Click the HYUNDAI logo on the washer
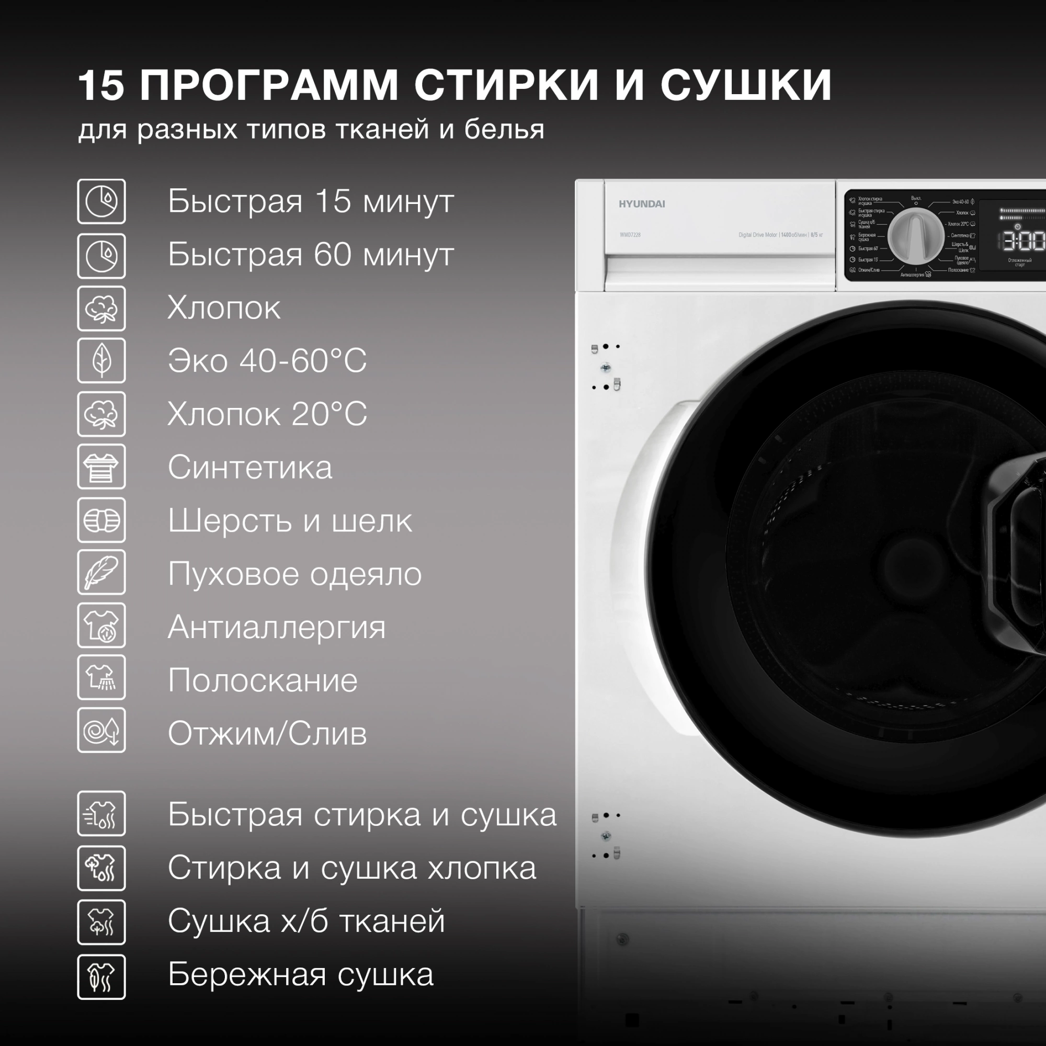coord(642,204)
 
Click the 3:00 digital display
coord(1022,241)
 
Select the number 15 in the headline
coord(101,86)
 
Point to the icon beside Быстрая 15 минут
coord(101,201)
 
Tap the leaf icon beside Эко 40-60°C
coord(101,360)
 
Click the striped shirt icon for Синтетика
coord(101,467)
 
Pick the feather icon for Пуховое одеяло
coord(101,572)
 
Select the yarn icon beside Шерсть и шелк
coord(101,520)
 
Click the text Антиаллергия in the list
coord(277,627)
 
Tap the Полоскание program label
coord(263,680)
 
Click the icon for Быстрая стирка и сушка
coord(101,814)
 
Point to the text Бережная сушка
coord(301,974)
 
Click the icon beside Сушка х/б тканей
coord(101,922)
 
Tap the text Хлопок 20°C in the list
coord(267,414)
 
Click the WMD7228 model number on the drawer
coord(630,235)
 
